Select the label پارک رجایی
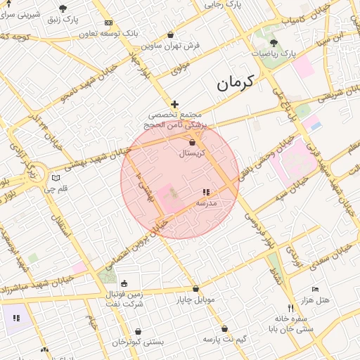coord(223,4)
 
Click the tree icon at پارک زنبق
coord(63,8)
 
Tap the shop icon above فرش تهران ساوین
coord(171,34)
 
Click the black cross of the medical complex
coord(175,104)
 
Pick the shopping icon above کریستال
coord(192,142)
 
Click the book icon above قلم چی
coord(56,179)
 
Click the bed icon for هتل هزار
coord(315,290)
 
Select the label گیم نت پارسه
coord(224,338)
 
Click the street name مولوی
coord(181,67)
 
